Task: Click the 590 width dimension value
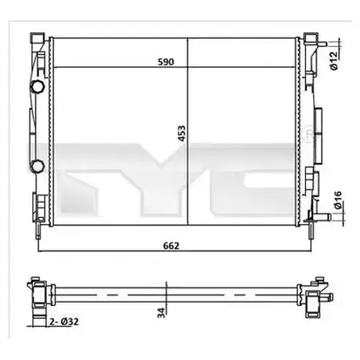pos(166,62)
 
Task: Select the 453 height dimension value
pos(182,133)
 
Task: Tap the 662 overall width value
pos(171,246)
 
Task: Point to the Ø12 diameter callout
pos(334,61)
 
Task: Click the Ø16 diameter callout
pos(338,200)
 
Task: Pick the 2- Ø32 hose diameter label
pos(64,321)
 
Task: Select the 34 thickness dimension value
pos(161,312)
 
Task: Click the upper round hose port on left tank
pos(37,86)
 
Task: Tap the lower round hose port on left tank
pos(37,166)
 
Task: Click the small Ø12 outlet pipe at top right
pos(322,44)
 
